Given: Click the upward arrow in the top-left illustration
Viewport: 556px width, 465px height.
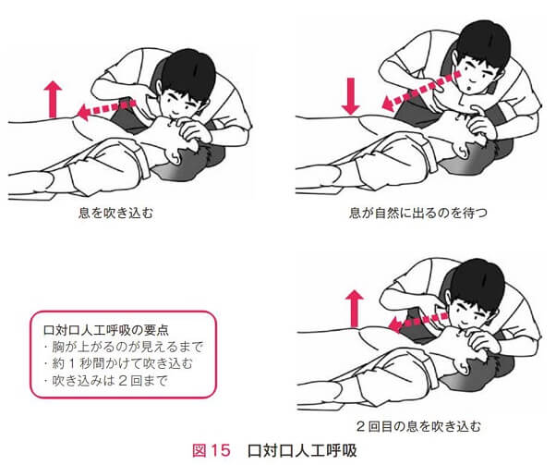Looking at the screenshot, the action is (x=53, y=99).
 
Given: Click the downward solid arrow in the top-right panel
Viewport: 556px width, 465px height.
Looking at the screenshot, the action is (x=351, y=96).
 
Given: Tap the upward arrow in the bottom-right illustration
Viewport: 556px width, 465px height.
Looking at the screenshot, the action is (x=355, y=309).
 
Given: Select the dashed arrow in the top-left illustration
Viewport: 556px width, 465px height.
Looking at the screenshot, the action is (x=106, y=108).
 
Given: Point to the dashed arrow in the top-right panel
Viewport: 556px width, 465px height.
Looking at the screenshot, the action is (x=421, y=90).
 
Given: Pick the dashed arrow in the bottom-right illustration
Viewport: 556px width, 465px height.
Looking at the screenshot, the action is (x=418, y=321).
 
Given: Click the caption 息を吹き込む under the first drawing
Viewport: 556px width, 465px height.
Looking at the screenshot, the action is (x=115, y=213).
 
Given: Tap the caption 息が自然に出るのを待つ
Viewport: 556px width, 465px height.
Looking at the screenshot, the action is (x=418, y=213).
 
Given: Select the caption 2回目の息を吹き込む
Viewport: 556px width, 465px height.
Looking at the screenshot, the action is (x=418, y=425).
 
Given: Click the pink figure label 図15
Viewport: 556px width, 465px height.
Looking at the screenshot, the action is (x=211, y=451).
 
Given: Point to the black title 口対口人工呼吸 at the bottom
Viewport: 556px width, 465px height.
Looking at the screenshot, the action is (x=302, y=451).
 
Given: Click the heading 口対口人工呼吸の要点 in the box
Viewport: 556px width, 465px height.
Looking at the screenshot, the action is (x=105, y=330).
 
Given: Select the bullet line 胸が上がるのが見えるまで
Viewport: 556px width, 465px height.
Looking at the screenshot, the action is (x=124, y=347).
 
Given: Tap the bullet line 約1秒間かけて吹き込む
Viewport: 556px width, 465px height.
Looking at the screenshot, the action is (x=118, y=364).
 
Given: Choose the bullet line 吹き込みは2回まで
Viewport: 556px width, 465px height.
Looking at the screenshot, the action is (x=105, y=381).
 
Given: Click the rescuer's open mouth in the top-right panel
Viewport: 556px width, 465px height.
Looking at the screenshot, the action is (x=468, y=89).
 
